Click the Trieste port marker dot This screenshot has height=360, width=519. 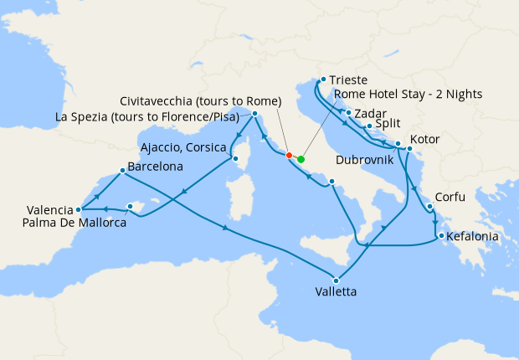(x=320, y=81)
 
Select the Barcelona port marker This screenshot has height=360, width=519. (x=123, y=172)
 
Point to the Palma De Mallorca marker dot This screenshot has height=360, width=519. (x=130, y=206)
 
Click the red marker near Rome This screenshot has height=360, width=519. (x=289, y=155)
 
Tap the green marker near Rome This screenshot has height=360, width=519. (x=301, y=159)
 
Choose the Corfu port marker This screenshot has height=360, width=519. (x=429, y=207)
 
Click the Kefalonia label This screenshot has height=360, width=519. (x=473, y=238)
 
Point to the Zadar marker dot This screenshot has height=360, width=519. (x=348, y=111)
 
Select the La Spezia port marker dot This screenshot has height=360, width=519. (x=254, y=112)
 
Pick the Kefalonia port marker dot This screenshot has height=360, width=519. (x=441, y=237)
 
